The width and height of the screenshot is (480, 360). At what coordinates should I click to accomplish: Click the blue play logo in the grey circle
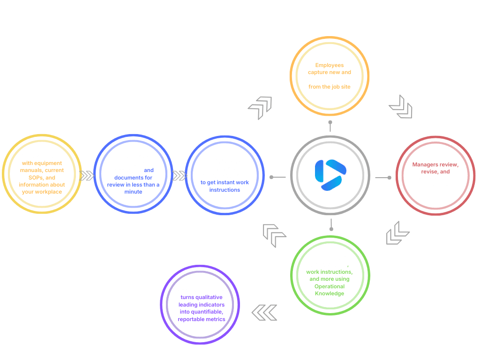tap(330, 175)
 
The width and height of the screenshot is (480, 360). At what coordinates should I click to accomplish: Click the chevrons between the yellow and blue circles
tap(87, 176)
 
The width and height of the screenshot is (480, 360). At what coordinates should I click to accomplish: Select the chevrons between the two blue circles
tap(179, 176)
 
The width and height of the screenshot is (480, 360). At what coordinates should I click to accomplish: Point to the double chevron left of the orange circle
tap(260, 107)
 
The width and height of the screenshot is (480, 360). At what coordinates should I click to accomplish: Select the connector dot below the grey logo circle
tap(331, 229)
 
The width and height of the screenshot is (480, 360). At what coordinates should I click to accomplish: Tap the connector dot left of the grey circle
tap(271, 177)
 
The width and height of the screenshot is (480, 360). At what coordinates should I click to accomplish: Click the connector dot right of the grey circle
tap(390, 177)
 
